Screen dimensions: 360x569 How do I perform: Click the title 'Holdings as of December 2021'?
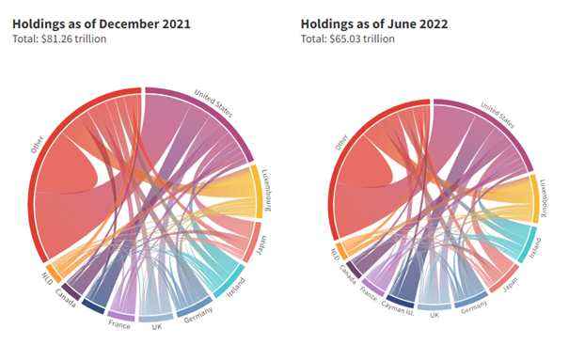(x=101, y=23)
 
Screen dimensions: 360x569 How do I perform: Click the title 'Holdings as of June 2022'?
(x=374, y=23)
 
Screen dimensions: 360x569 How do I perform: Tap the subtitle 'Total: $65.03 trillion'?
(x=348, y=39)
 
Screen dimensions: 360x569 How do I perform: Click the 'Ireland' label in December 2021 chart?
(x=237, y=286)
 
